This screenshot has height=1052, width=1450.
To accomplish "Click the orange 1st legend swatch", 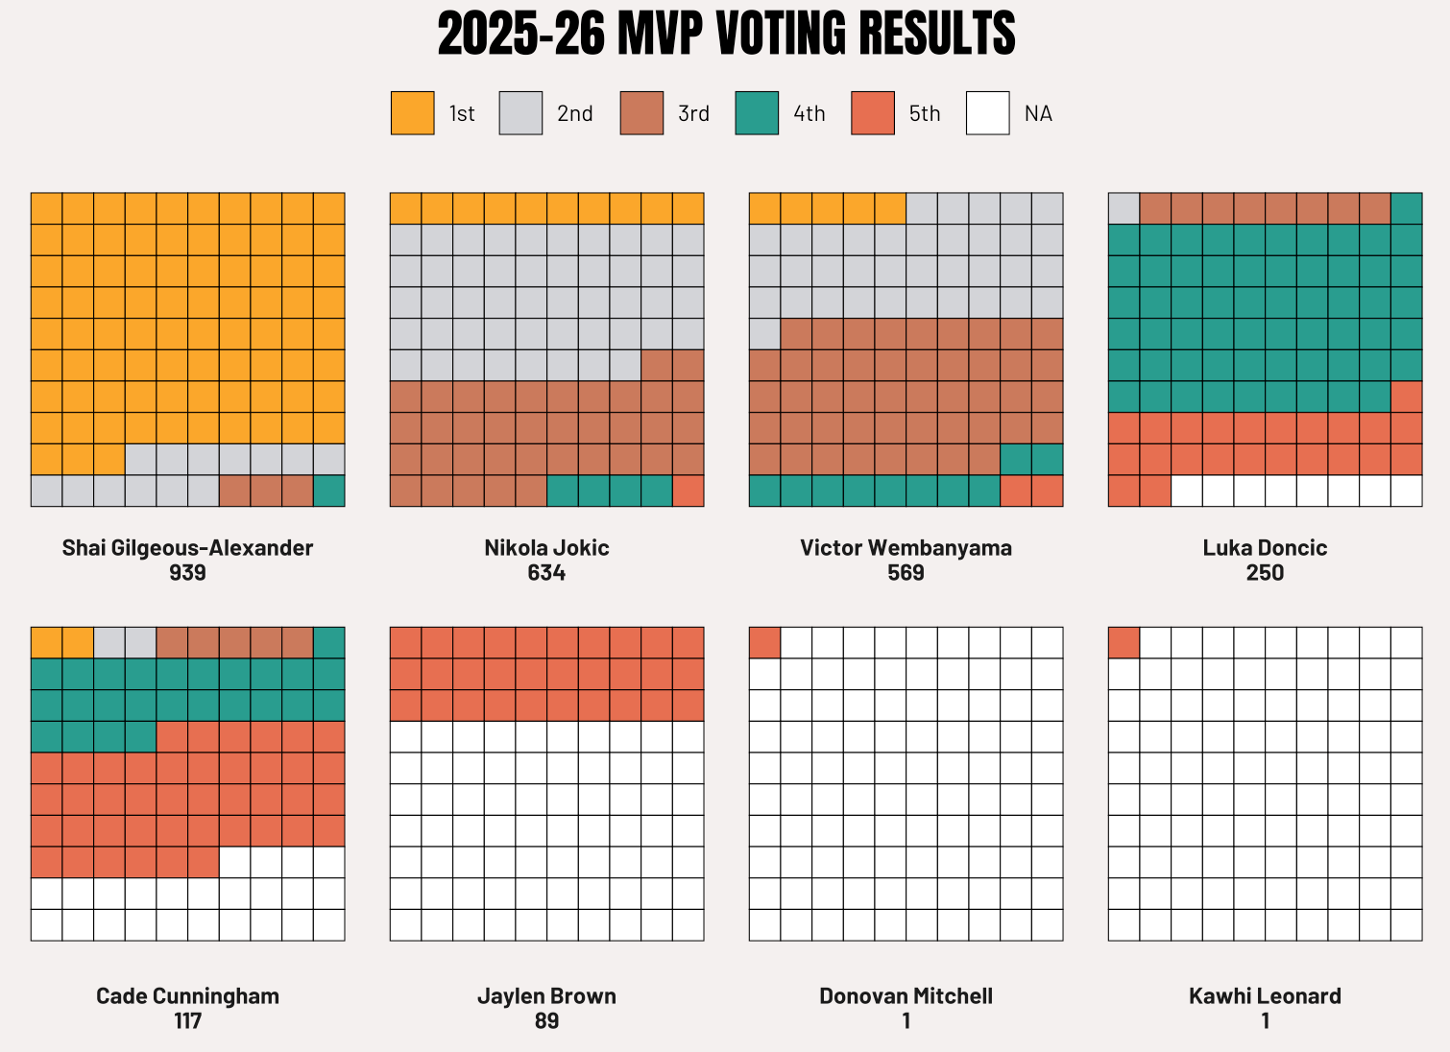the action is click(x=412, y=113).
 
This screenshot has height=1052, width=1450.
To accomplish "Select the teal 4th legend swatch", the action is click(x=757, y=113).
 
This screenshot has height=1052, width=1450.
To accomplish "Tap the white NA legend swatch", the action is click(x=988, y=113).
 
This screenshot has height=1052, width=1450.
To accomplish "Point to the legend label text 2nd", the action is click(x=575, y=114).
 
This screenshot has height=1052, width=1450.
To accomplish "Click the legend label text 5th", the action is click(x=925, y=114).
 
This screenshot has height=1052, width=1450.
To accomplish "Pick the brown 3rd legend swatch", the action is click(x=641, y=113).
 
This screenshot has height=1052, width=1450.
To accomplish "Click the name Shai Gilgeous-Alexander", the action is click(x=187, y=549).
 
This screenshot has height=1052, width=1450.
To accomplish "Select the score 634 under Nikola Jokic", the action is click(x=546, y=573).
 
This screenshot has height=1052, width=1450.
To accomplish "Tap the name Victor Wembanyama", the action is click(x=906, y=548).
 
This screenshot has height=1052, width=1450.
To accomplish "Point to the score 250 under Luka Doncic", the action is click(x=1265, y=573).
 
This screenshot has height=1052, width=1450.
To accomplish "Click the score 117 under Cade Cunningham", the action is click(x=187, y=1021).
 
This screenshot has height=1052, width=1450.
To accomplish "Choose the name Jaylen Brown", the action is click(x=546, y=996).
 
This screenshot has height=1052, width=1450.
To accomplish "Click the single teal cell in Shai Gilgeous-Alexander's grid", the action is click(x=328, y=491).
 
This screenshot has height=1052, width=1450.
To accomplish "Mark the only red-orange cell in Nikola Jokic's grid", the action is click(x=689, y=491).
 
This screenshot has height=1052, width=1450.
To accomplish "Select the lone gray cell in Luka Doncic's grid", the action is click(x=1124, y=208).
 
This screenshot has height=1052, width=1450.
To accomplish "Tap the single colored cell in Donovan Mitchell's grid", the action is click(x=764, y=642).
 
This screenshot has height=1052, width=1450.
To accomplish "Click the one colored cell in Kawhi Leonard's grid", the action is click(x=1124, y=642).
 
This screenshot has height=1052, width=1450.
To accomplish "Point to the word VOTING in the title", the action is click(x=781, y=34).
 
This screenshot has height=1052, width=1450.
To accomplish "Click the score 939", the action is click(x=187, y=573).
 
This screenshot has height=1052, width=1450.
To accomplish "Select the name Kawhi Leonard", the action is click(x=1265, y=996).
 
